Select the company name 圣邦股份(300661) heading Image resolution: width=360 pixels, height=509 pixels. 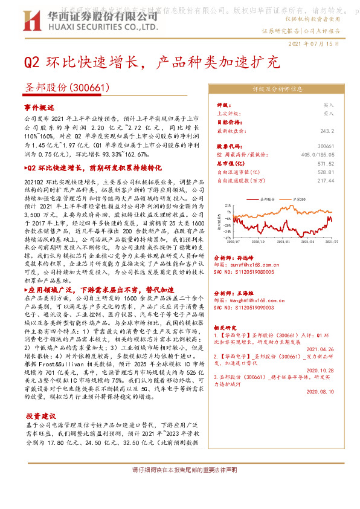66,88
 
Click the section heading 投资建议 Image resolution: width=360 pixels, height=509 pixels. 40,417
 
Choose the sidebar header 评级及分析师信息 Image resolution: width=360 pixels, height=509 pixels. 277,88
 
